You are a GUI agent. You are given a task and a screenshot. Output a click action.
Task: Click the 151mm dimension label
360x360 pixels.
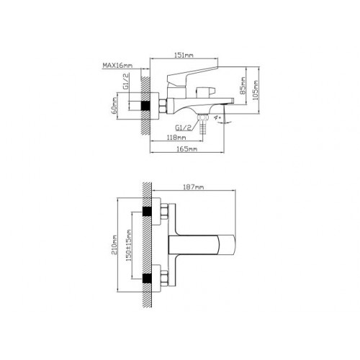click(184, 55)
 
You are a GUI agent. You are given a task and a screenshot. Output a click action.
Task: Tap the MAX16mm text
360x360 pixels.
click(117, 65)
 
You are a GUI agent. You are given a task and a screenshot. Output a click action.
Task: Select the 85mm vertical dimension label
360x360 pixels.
click(243, 86)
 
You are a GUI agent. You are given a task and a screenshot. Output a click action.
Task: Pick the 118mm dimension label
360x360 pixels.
click(176, 138)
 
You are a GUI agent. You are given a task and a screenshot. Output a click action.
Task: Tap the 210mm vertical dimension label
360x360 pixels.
click(114, 245)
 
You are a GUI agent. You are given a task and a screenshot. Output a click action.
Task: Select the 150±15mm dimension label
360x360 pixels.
click(129, 246)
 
